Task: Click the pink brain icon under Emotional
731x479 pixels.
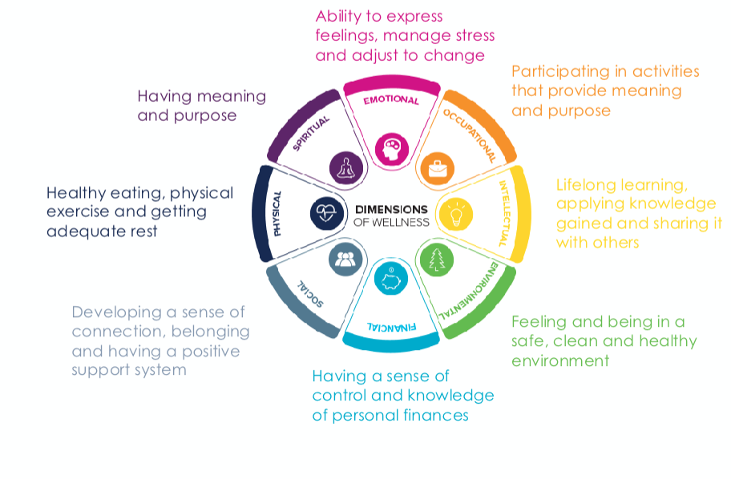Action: point(391,147)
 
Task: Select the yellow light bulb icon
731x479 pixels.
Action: point(457,214)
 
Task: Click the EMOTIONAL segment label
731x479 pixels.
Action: point(391,100)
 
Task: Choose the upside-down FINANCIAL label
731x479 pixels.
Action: point(391,327)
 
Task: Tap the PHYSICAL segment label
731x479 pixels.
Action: point(277,214)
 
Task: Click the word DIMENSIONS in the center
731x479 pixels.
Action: point(391,210)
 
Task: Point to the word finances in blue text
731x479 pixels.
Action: point(438,416)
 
